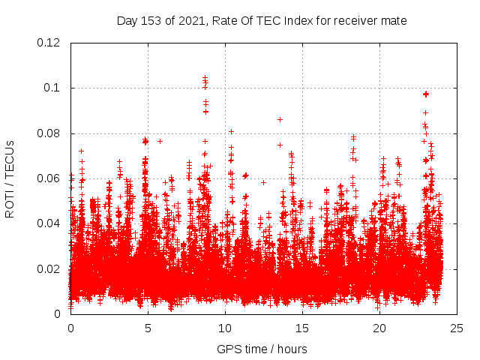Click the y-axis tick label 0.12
click(48, 43)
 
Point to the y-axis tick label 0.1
click(52, 88)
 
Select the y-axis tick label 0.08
click(48, 133)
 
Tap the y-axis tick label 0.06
click(48, 178)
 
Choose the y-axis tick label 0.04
click(48, 223)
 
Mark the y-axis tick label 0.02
click(48, 268)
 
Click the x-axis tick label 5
click(148, 328)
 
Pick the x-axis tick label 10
click(225, 328)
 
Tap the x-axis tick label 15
click(302, 328)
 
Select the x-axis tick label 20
click(379, 328)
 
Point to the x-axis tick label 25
click(457, 328)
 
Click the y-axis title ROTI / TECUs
click(10, 178)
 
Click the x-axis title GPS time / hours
click(262, 349)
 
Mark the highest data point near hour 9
click(205, 77)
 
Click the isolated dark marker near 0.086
click(280, 119)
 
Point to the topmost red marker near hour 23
click(426, 94)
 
